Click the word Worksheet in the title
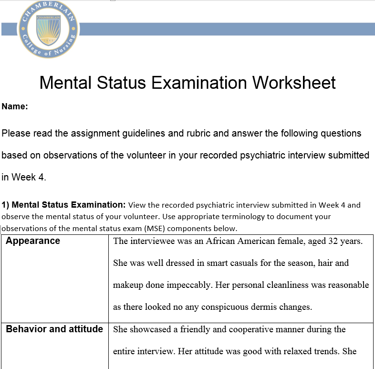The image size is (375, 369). tap(294, 83)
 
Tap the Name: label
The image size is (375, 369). tap(15, 107)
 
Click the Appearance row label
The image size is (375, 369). tap(33, 241)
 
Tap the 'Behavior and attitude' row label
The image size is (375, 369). tap(54, 329)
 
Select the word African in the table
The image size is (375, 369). tap(220, 241)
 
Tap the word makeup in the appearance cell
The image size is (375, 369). tap(127, 285)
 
